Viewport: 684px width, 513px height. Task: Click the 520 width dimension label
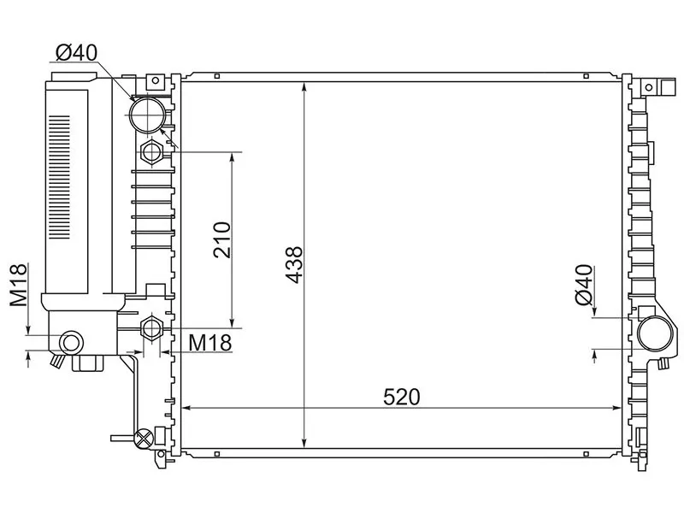point(402,397)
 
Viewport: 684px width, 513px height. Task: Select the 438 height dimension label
point(293,265)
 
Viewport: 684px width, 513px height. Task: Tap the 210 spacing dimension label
point(222,239)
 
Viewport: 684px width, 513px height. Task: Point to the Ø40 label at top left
point(77,53)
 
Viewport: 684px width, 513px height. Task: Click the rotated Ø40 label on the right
point(584,285)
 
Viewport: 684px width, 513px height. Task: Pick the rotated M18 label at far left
point(19,285)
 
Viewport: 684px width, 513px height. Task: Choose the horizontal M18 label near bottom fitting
point(209,343)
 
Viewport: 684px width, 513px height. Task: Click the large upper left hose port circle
point(148,115)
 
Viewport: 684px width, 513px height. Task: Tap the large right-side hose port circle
point(655,333)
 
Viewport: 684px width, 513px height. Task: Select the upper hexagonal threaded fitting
point(151,152)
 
